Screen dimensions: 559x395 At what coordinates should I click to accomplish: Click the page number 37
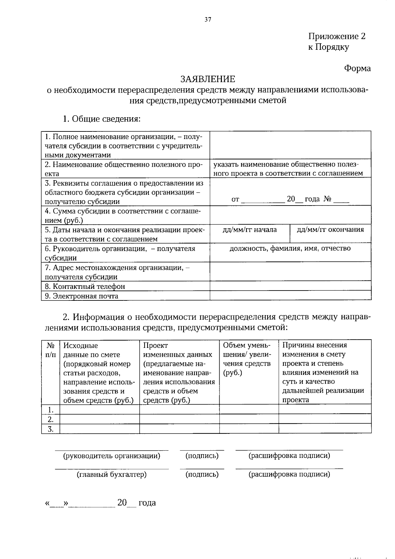tap(207, 19)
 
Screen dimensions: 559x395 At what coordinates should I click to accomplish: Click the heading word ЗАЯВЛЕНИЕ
tap(207, 79)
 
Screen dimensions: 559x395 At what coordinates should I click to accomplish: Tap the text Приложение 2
tap(336, 36)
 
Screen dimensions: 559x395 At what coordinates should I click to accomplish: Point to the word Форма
tap(357, 68)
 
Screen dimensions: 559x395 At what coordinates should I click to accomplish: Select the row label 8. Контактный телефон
tap(85, 286)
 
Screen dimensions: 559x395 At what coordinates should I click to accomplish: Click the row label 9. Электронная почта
tap(81, 296)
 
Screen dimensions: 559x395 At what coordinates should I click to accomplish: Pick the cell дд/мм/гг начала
tap(250, 230)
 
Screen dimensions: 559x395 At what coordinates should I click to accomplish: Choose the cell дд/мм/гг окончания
tap(330, 230)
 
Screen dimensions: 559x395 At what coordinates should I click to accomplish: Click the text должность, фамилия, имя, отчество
tap(290, 248)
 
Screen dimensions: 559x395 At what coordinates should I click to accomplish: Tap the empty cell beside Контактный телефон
tap(290, 286)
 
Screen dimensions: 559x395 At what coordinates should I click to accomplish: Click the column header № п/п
tap(51, 350)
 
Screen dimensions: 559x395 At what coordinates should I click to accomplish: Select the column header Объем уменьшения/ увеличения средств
tap(249, 359)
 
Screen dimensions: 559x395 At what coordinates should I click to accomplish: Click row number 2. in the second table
tap(51, 419)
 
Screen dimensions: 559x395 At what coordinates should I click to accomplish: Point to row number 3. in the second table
tap(51, 429)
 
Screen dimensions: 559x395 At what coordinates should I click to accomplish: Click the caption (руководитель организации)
tap(112, 456)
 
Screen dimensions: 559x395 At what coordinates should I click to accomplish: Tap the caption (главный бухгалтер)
tap(112, 474)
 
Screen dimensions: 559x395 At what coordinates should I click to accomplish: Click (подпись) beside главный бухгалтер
tap(202, 474)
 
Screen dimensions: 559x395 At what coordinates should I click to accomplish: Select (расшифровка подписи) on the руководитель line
tap(289, 456)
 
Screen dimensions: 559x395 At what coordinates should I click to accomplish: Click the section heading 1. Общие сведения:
tap(102, 119)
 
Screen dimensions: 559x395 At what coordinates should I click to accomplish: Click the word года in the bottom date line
tap(147, 503)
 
